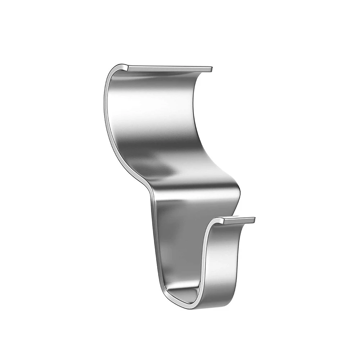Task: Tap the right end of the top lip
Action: pyautogui.click(x=211, y=68)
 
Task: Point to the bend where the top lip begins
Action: pyautogui.click(x=124, y=67)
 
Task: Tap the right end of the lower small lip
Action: pyautogui.click(x=254, y=220)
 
